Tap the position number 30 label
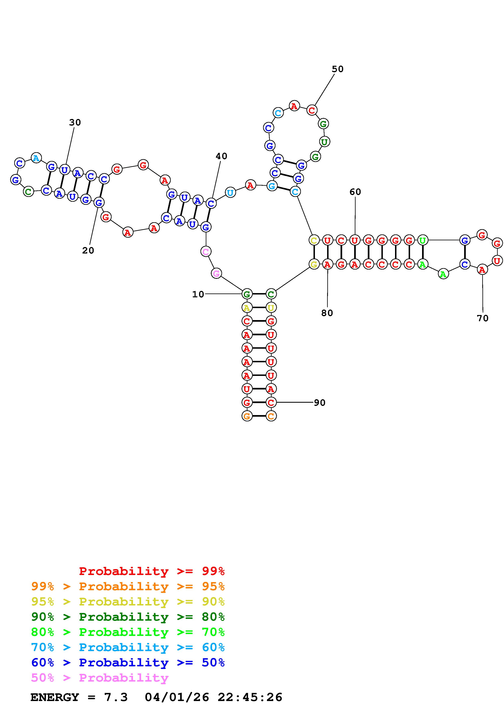(x=75, y=123)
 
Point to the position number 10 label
(x=198, y=294)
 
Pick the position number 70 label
(x=483, y=318)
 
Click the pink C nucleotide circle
(x=206, y=251)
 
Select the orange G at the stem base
(x=247, y=416)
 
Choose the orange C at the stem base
(x=271, y=416)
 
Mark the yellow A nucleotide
(x=247, y=308)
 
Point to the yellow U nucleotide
(x=271, y=308)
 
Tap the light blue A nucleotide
(x=36, y=158)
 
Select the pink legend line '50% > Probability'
(x=100, y=677)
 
